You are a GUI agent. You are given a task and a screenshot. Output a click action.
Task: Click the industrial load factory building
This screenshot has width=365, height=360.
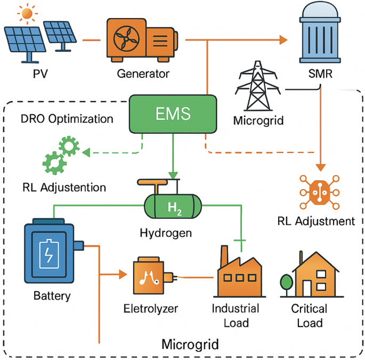pyautogui.click(x=239, y=275)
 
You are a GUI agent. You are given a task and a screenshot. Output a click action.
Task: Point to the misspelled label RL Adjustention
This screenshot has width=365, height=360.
pyautogui.click(x=64, y=187)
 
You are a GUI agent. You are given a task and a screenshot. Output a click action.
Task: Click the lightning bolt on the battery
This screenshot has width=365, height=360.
pyautogui.click(x=49, y=254)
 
